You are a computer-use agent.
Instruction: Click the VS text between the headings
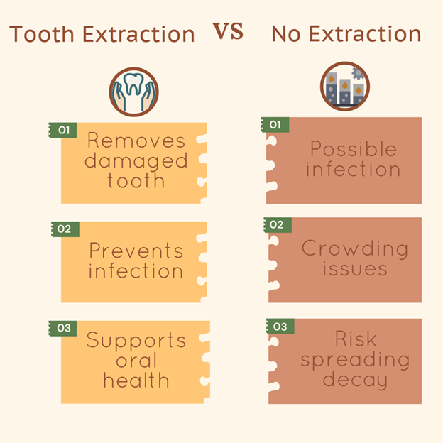(x=228, y=31)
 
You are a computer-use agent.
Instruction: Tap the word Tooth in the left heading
(x=42, y=34)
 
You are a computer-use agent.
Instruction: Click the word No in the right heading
(x=286, y=34)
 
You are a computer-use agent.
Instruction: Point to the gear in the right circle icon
(x=358, y=73)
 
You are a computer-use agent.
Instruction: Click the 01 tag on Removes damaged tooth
(x=62, y=130)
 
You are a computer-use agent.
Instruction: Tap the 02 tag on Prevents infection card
(x=65, y=229)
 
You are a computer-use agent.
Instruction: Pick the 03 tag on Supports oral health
(x=62, y=328)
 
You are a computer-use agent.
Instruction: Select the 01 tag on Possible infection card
(x=275, y=125)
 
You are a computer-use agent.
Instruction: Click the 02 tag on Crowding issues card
(x=278, y=225)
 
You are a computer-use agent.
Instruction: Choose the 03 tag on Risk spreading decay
(x=280, y=327)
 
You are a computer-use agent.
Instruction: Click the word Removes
(x=136, y=140)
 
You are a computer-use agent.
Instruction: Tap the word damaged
(x=136, y=162)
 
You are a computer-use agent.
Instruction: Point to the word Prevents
(x=136, y=251)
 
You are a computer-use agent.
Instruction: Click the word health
(x=136, y=380)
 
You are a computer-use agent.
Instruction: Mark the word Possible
(x=354, y=148)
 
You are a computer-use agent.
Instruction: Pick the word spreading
(x=355, y=360)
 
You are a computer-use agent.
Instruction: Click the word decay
(x=355, y=381)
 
